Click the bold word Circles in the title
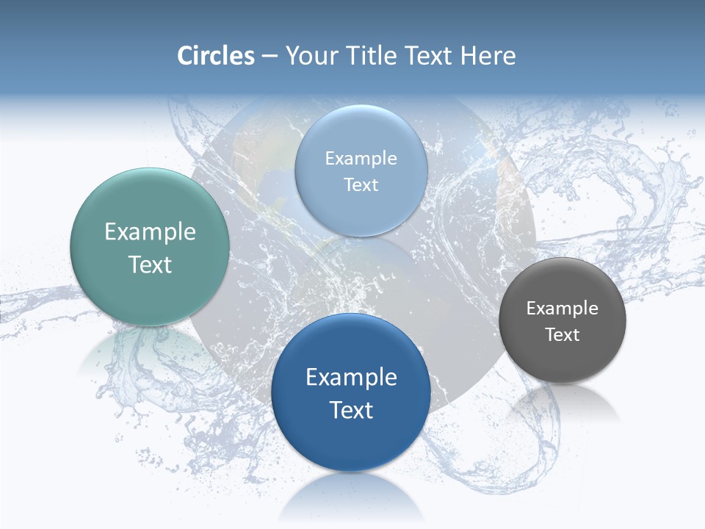click(216, 56)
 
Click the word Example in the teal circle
click(150, 232)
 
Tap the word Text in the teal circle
click(150, 264)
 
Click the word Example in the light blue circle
click(361, 158)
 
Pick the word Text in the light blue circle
click(361, 184)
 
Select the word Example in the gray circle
click(562, 308)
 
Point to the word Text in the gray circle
click(562, 334)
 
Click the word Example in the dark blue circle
click(351, 377)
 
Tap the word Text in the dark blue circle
click(351, 409)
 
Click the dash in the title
click(270, 57)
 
